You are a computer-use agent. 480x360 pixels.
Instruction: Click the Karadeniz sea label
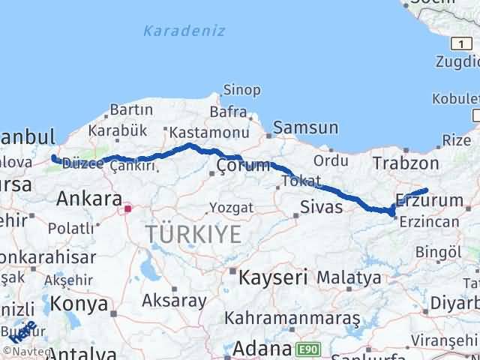173,31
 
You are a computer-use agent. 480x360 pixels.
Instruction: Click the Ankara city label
89,199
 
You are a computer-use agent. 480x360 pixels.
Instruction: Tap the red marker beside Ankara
128,208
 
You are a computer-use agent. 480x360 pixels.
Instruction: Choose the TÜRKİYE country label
193,234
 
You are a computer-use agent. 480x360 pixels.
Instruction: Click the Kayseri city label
273,277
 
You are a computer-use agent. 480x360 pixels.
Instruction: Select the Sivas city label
320,206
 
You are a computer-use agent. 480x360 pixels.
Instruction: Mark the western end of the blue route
53,157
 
